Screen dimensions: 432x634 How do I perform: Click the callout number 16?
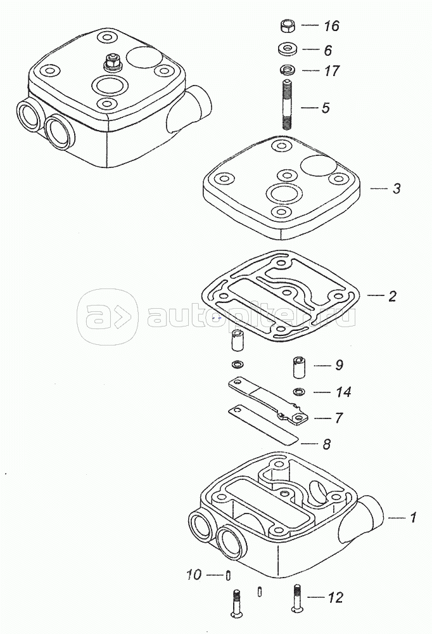pyautogui.click(x=331, y=26)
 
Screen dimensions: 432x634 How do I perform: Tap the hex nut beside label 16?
pyautogui.click(x=287, y=26)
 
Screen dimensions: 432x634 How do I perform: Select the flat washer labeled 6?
pyautogui.click(x=287, y=49)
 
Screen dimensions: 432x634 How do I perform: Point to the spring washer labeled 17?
pyautogui.click(x=287, y=70)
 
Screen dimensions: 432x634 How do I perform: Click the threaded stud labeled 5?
pyautogui.click(x=286, y=105)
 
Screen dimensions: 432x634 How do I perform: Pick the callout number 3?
pyautogui.click(x=397, y=188)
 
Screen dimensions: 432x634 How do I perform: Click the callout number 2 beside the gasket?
pyautogui.click(x=392, y=296)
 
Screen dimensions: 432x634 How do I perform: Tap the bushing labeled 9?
pyautogui.click(x=299, y=367)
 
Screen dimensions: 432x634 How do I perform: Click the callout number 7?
pyautogui.click(x=339, y=418)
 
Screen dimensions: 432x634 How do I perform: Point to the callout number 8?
pyautogui.click(x=326, y=444)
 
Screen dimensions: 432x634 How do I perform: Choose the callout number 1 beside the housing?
pyautogui.click(x=412, y=517)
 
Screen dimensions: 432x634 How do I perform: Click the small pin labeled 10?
pyautogui.click(x=228, y=575)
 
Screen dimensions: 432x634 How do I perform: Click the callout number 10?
pyautogui.click(x=194, y=574)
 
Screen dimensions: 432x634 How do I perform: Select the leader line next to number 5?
pyautogui.click(x=310, y=108)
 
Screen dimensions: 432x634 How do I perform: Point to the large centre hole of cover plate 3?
pyautogui.click(x=286, y=193)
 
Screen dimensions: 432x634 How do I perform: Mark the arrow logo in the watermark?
pyautogui.click(x=107, y=317)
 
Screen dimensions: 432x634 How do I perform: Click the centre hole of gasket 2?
pyautogui.click(x=286, y=292)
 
